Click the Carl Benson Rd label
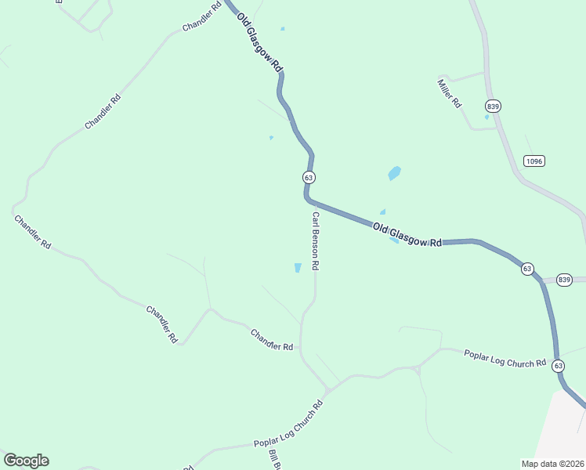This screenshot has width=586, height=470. (x=315, y=241)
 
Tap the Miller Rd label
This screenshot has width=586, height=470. (x=450, y=94)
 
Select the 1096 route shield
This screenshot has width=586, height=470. (x=534, y=161)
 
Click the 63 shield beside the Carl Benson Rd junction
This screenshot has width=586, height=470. (x=309, y=178)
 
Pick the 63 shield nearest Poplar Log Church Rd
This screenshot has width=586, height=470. (x=558, y=366)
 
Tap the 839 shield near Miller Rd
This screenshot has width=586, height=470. (x=493, y=106)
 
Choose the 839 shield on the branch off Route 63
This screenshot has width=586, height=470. (x=564, y=280)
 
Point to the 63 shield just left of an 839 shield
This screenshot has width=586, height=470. (x=527, y=269)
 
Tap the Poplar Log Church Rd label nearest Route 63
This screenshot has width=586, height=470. (x=505, y=358)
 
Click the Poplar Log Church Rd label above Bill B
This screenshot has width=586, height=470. (x=288, y=425)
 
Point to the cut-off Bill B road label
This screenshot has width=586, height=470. (x=274, y=461)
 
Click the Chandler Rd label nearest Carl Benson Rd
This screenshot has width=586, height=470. (x=271, y=340)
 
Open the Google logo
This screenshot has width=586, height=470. (x=26, y=461)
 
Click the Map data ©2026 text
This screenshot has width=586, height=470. (x=552, y=463)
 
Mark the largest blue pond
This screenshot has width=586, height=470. (x=394, y=173)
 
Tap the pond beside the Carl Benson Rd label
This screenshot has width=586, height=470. (x=298, y=268)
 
